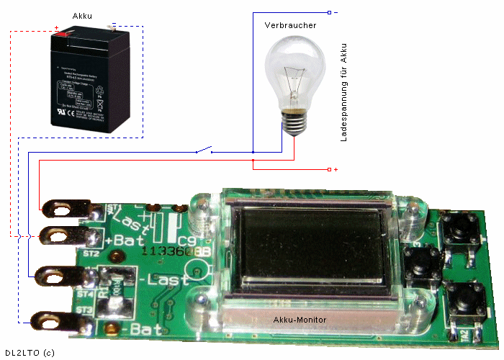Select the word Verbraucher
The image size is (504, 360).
click(x=290, y=25)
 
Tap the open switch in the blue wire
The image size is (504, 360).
click(x=204, y=150)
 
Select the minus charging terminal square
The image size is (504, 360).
click(x=329, y=12)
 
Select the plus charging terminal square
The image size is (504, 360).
click(x=329, y=169)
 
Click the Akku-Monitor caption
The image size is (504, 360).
click(x=300, y=320)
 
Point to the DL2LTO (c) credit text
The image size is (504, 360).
click(x=30, y=352)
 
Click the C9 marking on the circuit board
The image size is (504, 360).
click(x=186, y=240)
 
